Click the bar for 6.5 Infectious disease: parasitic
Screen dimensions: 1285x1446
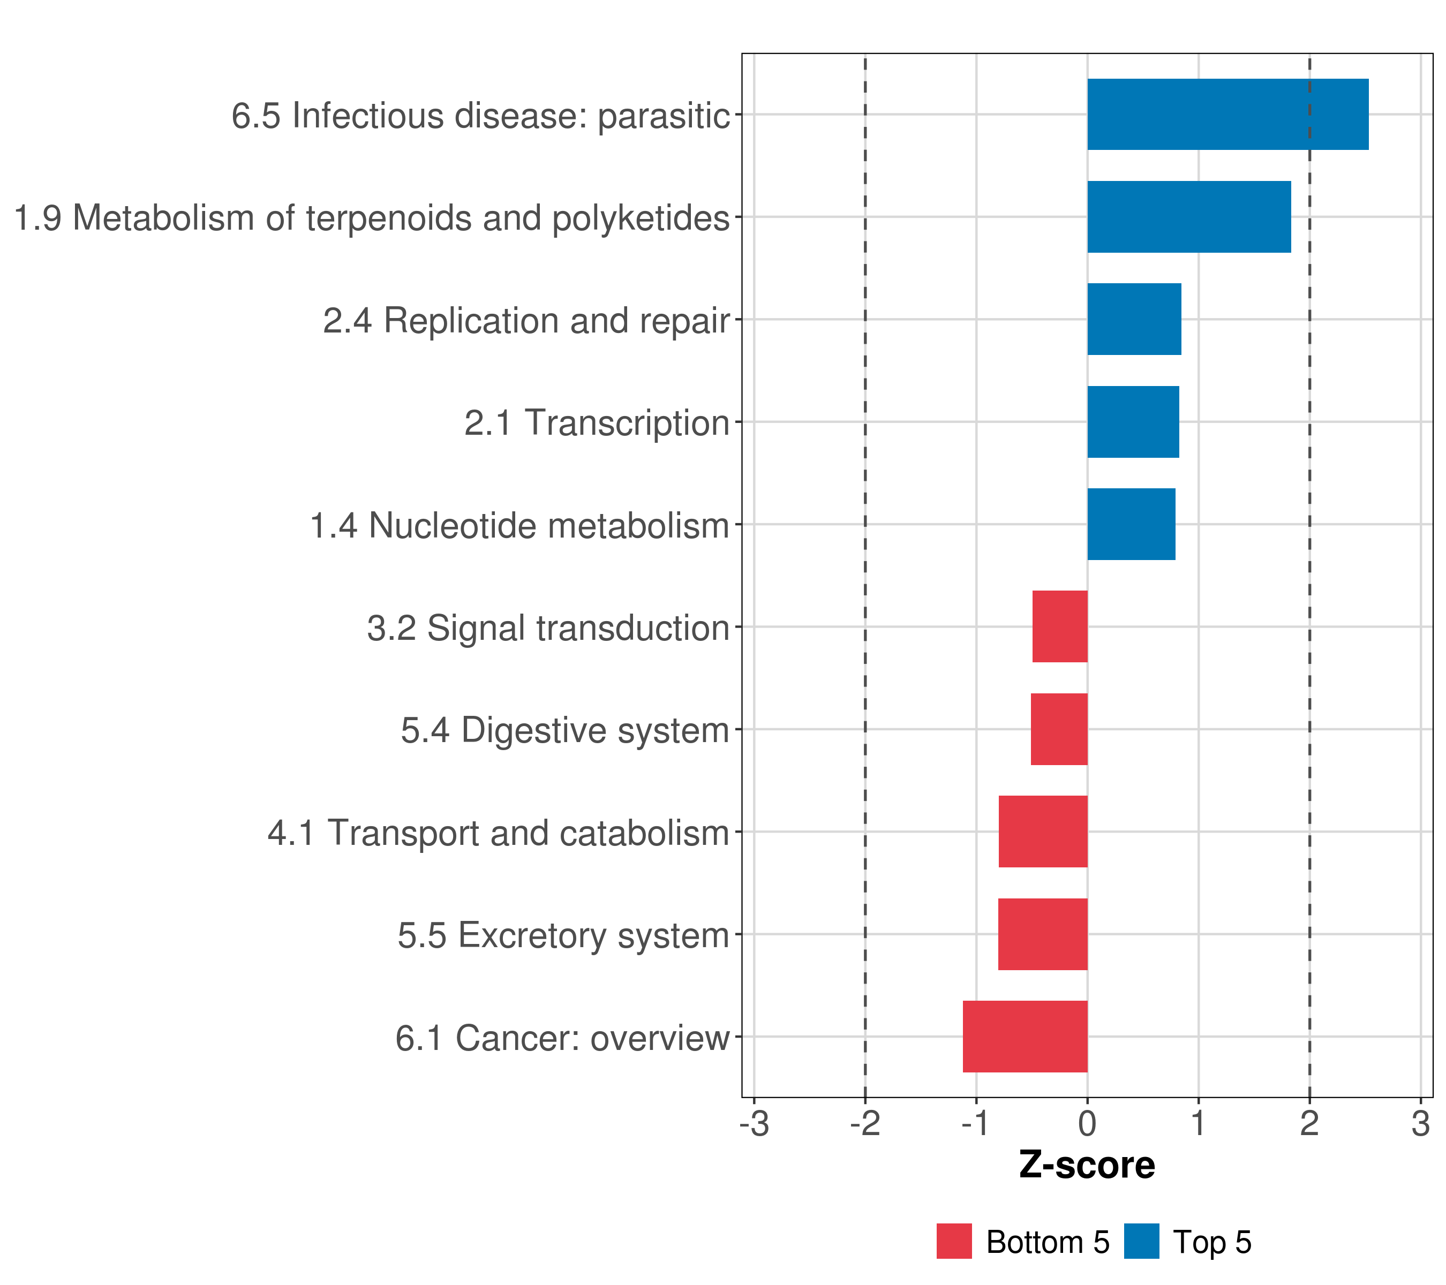1227,115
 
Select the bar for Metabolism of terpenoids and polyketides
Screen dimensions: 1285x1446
1188,217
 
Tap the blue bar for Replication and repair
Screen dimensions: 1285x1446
1134,319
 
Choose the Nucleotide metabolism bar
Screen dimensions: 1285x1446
1131,524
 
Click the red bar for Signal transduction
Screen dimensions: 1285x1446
1060,626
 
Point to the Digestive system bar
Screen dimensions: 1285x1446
1059,729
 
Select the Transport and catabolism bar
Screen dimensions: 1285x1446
1043,832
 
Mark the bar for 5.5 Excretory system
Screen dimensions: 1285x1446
1043,934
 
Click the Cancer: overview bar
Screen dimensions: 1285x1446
1025,1037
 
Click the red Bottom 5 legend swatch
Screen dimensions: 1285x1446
954,1241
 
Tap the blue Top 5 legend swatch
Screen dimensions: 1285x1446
1141,1241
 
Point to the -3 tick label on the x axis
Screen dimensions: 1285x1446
754,1124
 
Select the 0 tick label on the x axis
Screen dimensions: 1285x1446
1087,1124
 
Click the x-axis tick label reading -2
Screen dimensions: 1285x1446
865,1124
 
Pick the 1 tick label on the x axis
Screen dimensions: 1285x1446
1199,1124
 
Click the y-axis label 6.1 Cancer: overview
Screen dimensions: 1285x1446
562,1038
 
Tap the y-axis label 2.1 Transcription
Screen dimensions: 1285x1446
597,423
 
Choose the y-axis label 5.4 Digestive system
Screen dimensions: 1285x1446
564,730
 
